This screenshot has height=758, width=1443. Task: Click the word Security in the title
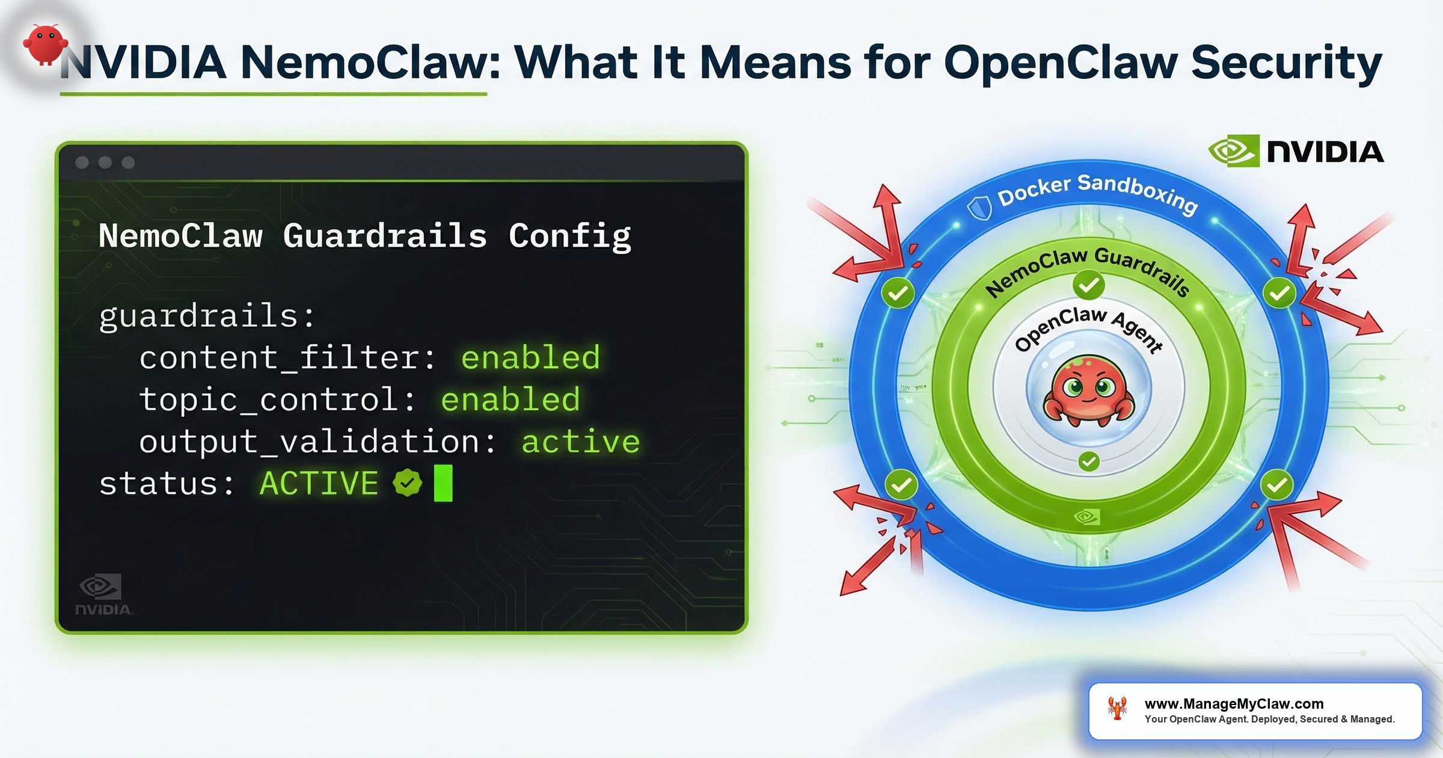point(1286,63)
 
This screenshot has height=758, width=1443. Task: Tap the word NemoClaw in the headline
point(369,63)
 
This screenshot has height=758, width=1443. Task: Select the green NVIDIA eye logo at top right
point(1233,150)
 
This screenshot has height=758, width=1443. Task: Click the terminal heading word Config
point(569,235)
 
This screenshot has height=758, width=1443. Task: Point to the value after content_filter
point(530,358)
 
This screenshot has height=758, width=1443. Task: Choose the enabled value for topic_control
point(510,399)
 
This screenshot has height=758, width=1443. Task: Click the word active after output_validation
point(580,442)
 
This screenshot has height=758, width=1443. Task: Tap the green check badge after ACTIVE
point(408,483)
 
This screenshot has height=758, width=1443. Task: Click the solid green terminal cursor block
point(443,483)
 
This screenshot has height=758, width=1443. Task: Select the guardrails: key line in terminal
point(207,316)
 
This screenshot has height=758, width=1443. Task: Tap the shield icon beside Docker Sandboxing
point(979,208)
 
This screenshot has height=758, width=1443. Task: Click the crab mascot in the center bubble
point(1088,392)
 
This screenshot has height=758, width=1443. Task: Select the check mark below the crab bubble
point(1089,461)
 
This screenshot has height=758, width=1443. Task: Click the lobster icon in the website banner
point(1117,709)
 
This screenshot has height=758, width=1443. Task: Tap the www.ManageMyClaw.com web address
point(1234,703)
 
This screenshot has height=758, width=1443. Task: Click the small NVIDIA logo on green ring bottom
point(1087,517)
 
